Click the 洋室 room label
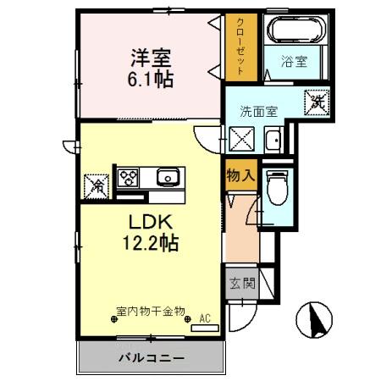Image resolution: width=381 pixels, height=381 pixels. point(151,58)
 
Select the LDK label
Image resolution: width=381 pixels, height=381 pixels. point(151,222)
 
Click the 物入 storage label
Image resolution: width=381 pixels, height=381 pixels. point(240,176)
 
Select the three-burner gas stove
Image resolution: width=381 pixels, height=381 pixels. point(129,178)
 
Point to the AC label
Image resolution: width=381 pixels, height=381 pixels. point(204,318)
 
